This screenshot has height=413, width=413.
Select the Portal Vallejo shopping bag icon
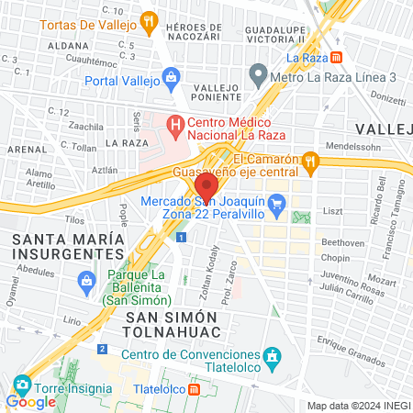(170, 76)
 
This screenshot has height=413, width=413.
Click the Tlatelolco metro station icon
(195, 389)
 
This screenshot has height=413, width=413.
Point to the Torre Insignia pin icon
(22, 384)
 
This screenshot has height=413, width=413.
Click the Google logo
(30, 402)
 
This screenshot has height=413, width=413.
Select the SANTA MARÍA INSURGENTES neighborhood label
(67, 246)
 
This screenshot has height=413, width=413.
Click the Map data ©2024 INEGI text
(357, 406)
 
